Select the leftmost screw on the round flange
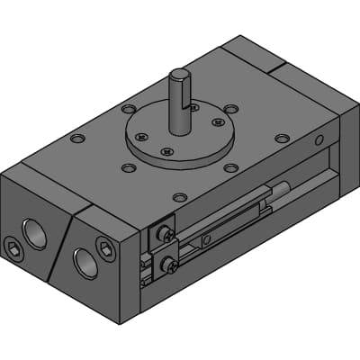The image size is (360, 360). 139,137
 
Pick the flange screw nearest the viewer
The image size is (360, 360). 167,152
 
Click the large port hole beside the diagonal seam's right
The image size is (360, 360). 85,262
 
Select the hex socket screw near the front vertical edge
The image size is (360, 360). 106,249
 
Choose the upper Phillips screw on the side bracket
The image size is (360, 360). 166,233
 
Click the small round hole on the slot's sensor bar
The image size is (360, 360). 207,239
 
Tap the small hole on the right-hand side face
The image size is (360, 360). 319,139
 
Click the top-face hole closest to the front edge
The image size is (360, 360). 180,197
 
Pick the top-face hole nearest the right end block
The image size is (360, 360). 283,139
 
